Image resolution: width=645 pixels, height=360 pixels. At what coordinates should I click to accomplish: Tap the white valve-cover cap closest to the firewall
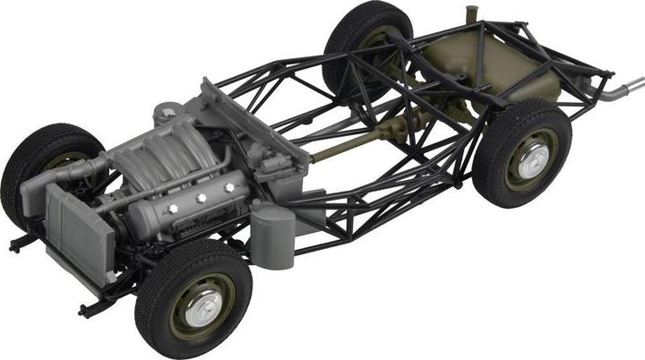[230, 187]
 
